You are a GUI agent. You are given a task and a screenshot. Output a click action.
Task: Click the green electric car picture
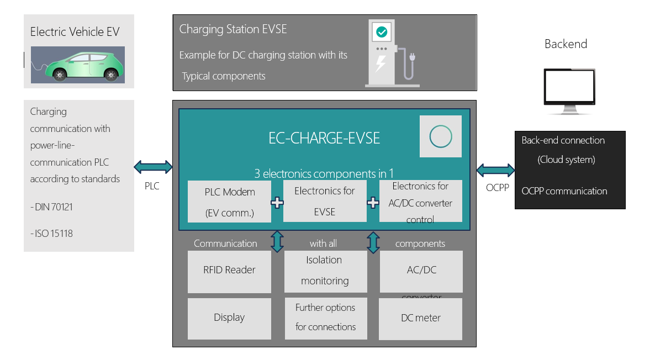78,65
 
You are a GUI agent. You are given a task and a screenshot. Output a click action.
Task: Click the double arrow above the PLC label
153,166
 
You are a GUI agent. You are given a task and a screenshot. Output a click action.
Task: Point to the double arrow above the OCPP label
495,170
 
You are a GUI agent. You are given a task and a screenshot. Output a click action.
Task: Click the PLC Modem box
229,202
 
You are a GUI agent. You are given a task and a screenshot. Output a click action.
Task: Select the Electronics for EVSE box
325,201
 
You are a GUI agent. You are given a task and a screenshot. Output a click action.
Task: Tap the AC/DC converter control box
421,202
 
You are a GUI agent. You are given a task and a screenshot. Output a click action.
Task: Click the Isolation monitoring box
325,271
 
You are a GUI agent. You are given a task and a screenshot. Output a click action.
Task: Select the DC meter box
420,319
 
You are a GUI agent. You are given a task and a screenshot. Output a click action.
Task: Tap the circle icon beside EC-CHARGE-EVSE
440,136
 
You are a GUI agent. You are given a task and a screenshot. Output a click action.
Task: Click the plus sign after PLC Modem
277,203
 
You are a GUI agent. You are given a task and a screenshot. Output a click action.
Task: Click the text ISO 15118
52,234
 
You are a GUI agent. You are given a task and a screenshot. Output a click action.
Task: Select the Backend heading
566,44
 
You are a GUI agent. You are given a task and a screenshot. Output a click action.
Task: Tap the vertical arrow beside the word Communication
277,242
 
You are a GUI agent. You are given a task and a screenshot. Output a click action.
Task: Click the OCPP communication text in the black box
564,191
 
